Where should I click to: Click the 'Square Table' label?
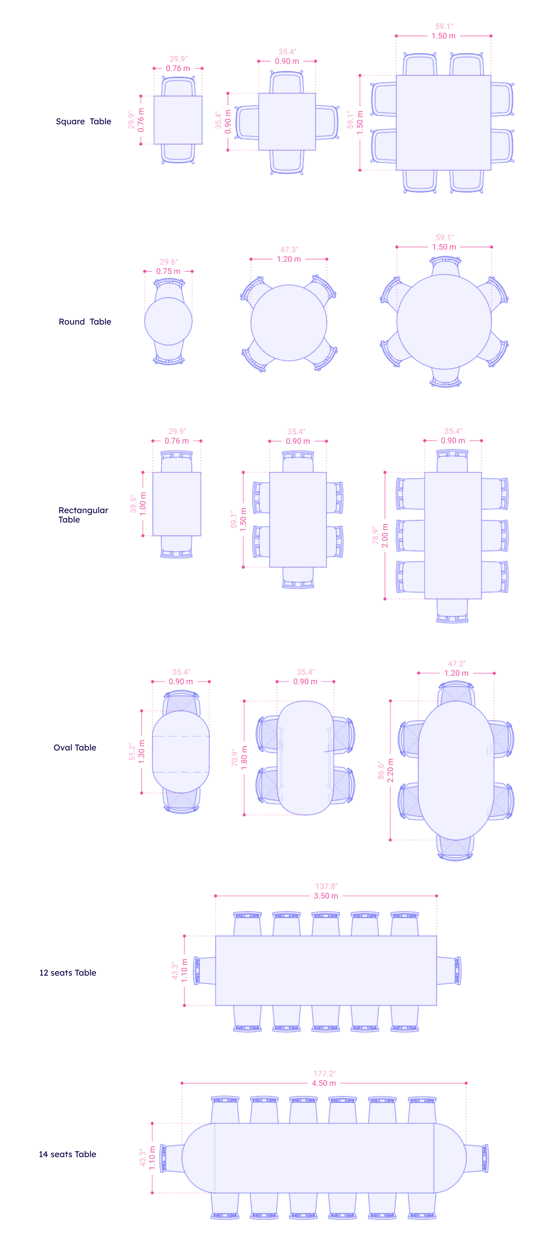point(83,121)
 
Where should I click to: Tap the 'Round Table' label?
point(85,322)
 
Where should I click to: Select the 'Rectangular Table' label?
point(83,515)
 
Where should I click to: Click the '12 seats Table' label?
point(68,973)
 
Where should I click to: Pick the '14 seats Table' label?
point(68,1154)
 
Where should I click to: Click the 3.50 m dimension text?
point(326,896)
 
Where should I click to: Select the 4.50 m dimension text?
point(324,1083)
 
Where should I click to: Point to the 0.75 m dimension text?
point(168,272)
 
